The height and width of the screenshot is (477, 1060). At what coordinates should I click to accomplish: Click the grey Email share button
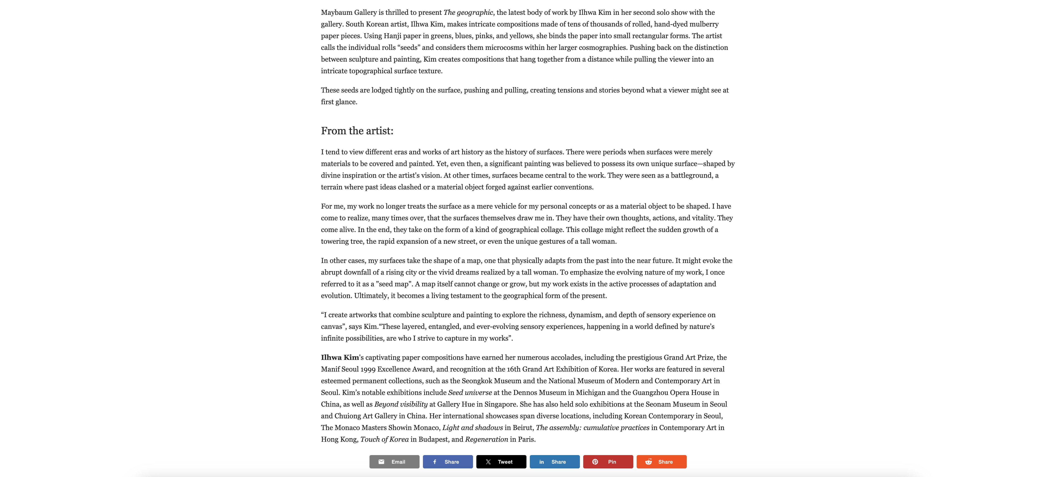pyautogui.click(x=394, y=462)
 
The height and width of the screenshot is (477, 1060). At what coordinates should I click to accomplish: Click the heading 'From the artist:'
pyautogui.click(x=357, y=131)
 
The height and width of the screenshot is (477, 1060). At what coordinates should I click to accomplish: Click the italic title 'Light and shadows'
pyautogui.click(x=472, y=428)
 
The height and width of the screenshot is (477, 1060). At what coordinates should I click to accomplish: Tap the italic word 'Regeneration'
pyautogui.click(x=486, y=439)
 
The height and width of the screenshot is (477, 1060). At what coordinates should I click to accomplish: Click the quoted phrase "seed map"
pyautogui.click(x=393, y=284)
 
